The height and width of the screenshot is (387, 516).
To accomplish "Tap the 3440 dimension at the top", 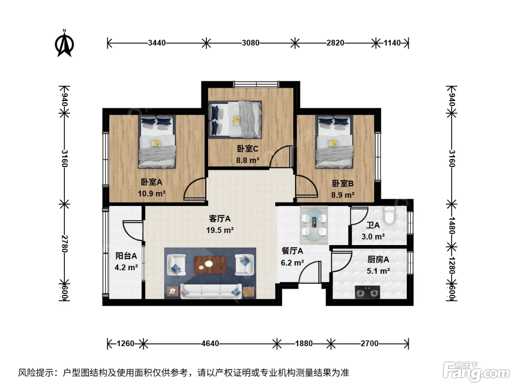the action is tap(157, 43).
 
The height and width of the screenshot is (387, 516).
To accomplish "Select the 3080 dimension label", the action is tap(251, 43).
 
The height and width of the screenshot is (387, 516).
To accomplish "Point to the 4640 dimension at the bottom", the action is tap(210, 344).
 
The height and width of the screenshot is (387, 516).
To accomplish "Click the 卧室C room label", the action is tap(248, 149).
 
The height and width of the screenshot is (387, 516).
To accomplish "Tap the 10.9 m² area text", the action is tap(151, 193).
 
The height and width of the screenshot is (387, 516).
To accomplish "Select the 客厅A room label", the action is tap(220, 219).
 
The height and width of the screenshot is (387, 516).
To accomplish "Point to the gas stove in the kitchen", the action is tap(367, 292).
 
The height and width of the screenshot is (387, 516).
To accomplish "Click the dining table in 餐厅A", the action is tap(314, 225).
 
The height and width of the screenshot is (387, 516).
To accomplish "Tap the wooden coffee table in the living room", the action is tap(210, 265).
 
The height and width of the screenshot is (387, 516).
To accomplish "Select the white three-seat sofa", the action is tap(211, 292).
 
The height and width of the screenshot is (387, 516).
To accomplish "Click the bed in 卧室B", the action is tap(334, 142).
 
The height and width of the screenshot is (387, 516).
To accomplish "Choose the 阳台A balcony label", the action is tap(126, 256).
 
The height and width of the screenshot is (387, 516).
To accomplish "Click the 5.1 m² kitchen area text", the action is tap(378, 271).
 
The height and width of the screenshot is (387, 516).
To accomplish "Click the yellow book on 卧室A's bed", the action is tap(156, 143).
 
